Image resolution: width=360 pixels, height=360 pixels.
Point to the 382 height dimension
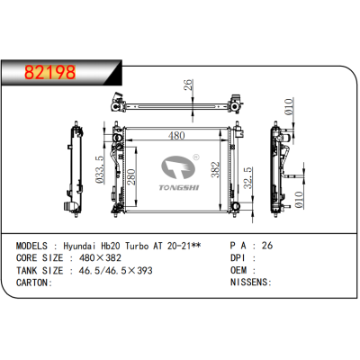point(214,170)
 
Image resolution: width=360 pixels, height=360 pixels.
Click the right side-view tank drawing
point(279,169)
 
